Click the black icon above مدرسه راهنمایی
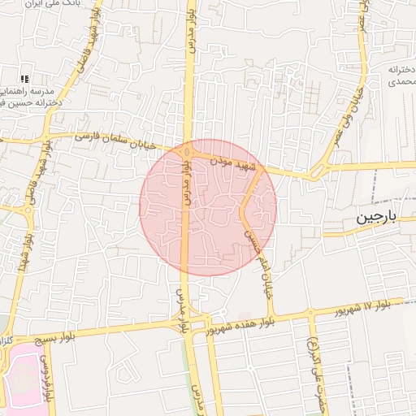tap(24, 78)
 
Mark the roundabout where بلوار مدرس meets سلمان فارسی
tap(188, 150)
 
